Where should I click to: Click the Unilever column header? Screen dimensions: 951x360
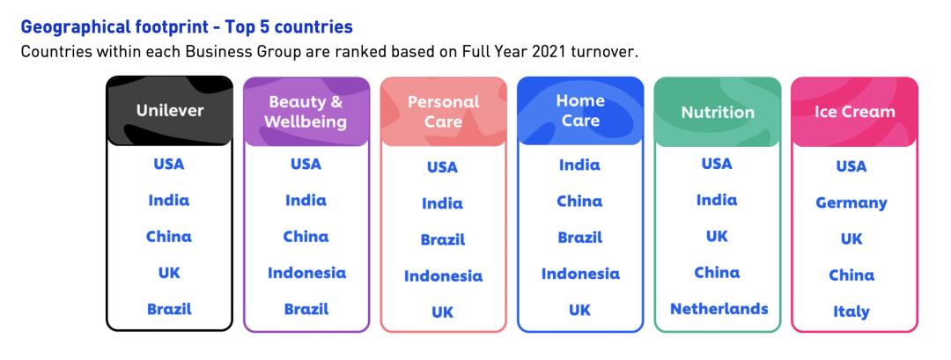[x=170, y=111]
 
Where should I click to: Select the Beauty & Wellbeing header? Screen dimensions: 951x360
[x=306, y=112]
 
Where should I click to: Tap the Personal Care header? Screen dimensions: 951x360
[x=443, y=112]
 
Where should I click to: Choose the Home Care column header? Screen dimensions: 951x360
[x=580, y=111]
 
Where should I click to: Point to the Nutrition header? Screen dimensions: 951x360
[x=718, y=112]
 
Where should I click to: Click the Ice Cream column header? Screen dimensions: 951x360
[x=854, y=112]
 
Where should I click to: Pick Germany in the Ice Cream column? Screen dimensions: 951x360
[x=851, y=203]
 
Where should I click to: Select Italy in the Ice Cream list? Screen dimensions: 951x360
[x=851, y=312]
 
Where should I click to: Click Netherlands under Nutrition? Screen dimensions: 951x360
[x=719, y=308]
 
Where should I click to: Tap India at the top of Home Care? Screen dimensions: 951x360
[x=579, y=165]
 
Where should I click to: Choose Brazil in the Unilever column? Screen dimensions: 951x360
[x=169, y=309]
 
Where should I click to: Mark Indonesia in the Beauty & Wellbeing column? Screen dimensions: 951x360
[x=307, y=273]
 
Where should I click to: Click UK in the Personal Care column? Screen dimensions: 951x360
[x=442, y=312]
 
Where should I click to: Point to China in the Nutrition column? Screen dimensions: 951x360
[x=717, y=273]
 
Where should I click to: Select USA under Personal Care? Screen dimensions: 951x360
[x=442, y=167]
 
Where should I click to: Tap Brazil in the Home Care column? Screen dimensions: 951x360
[x=579, y=238]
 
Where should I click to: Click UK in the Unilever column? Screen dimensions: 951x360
[x=169, y=274]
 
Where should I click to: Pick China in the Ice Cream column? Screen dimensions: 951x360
[x=851, y=276]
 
